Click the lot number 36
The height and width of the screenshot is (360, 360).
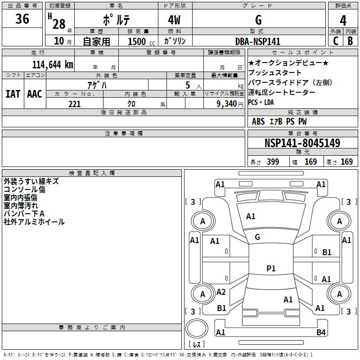click(x=22, y=19)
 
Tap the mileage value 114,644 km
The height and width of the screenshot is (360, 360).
click(x=53, y=65)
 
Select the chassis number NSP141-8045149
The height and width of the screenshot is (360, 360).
click(x=302, y=144)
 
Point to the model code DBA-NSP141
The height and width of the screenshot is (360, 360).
click(x=258, y=41)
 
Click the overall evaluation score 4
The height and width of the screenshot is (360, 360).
click(x=343, y=20)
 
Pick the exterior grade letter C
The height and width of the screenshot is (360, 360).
click(x=335, y=41)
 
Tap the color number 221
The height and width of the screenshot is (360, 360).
click(x=74, y=104)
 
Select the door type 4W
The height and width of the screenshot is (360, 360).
click(x=175, y=21)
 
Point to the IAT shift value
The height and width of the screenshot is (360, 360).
click(x=13, y=94)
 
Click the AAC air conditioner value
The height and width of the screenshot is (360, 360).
click(x=35, y=94)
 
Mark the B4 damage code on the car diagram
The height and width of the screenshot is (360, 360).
click(x=320, y=333)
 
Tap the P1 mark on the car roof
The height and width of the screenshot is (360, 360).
click(x=271, y=269)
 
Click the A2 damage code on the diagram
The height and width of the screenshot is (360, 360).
click(x=221, y=292)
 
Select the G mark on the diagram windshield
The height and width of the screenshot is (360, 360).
click(x=257, y=237)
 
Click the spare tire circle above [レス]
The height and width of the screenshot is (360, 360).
click(x=196, y=328)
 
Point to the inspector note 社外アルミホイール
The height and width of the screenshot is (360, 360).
click(x=34, y=222)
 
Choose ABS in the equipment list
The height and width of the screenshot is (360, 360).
click(x=258, y=121)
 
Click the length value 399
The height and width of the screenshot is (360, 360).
click(x=273, y=162)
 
